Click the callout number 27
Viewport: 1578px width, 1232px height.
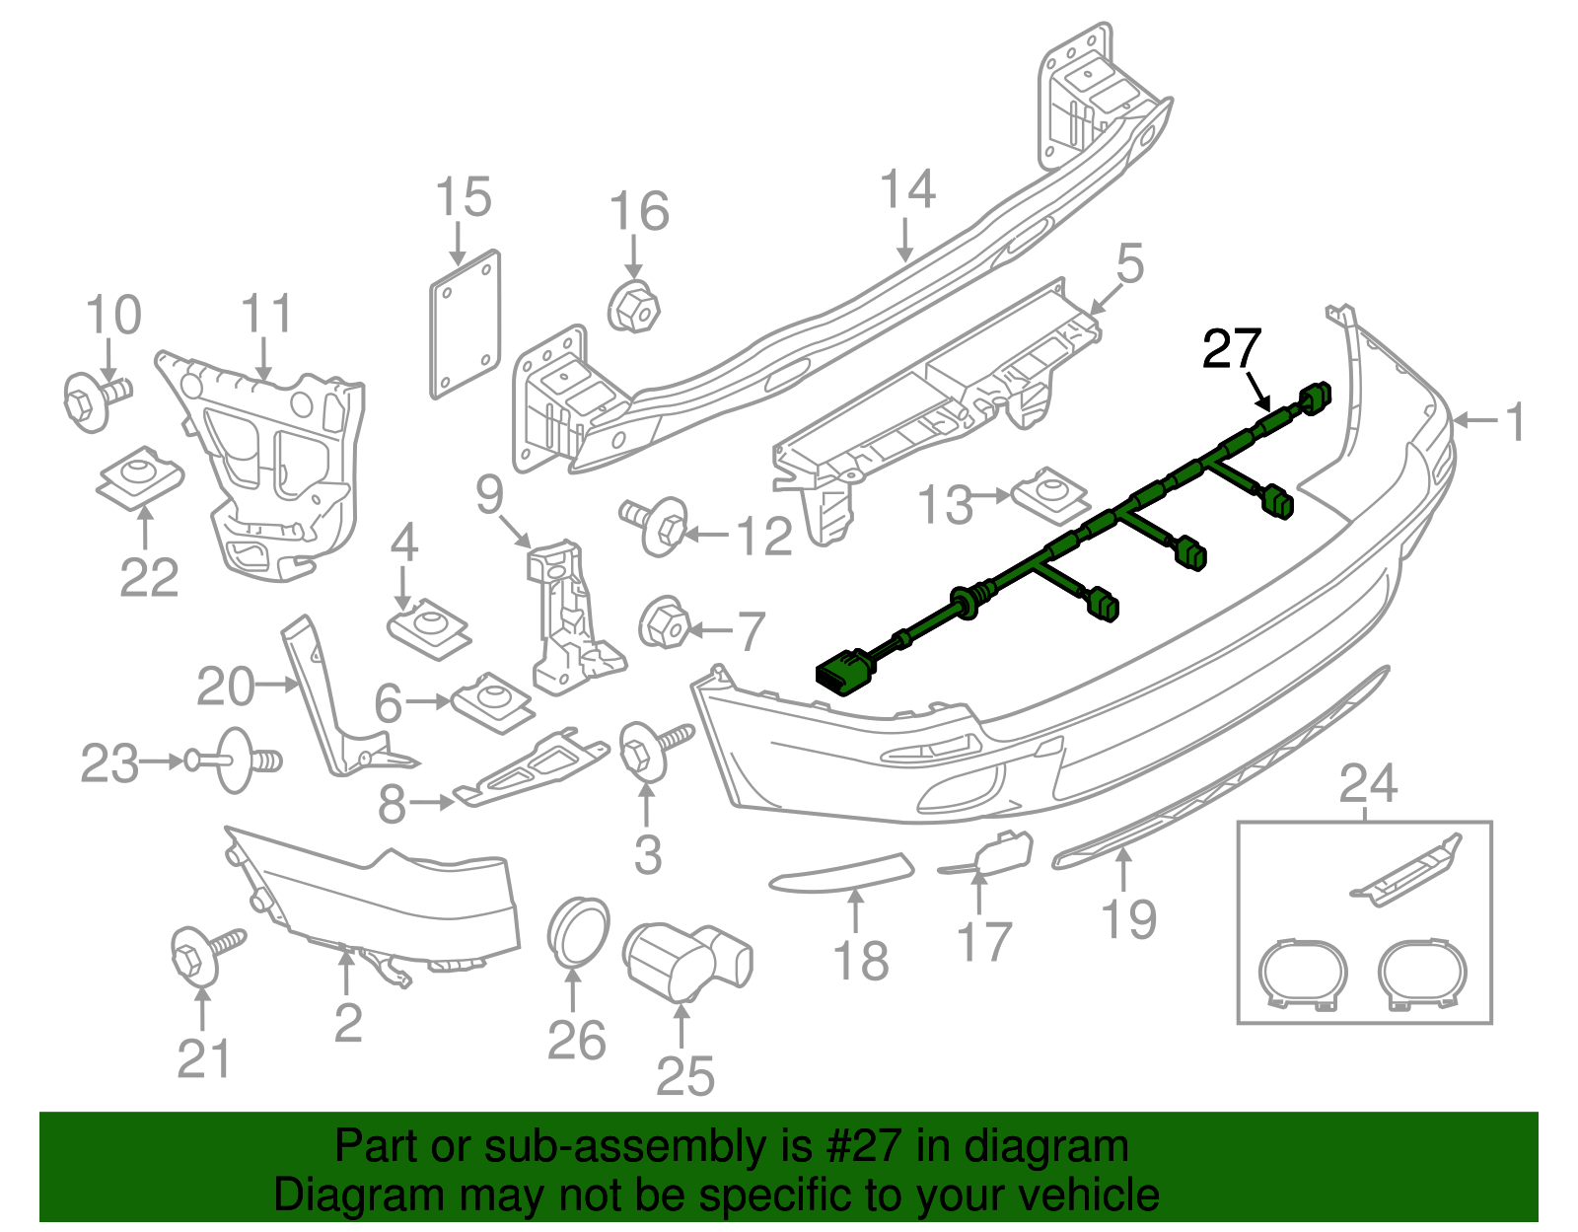[1232, 349]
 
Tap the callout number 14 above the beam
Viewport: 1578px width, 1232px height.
[906, 189]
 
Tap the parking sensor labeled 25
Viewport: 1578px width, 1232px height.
[687, 956]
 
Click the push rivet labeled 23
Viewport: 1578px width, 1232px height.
[235, 760]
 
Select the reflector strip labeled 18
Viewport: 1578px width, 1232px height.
[841, 872]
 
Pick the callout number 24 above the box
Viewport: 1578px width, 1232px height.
[1368, 784]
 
